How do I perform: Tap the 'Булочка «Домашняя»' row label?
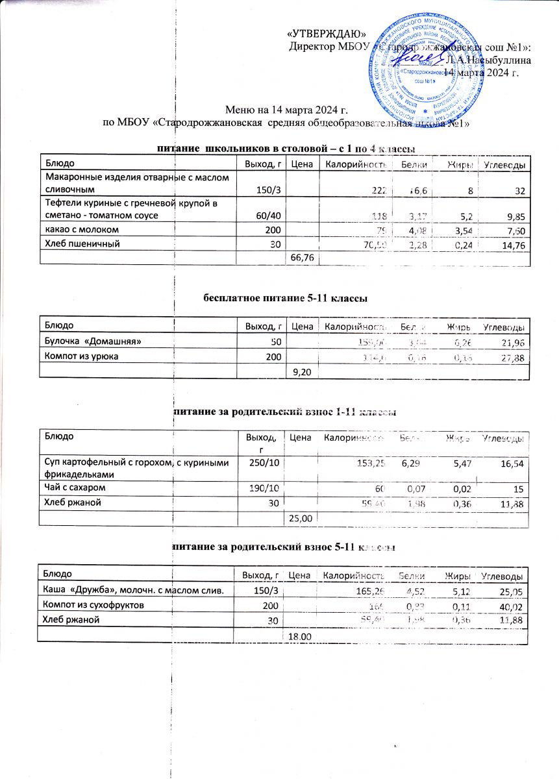[x=92, y=341]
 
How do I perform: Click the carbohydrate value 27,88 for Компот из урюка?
[x=511, y=356]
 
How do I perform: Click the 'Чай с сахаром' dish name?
[x=71, y=486]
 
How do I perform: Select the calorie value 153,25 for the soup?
[x=371, y=462]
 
